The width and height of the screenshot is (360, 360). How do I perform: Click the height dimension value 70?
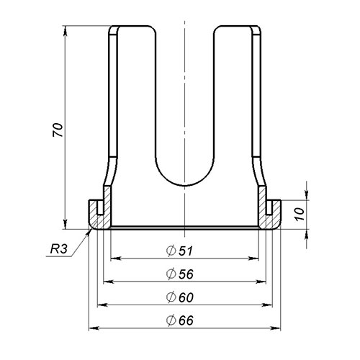(x=58, y=130)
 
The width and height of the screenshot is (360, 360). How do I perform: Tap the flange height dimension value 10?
(x=300, y=215)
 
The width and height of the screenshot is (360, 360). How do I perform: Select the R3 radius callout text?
(x=58, y=249)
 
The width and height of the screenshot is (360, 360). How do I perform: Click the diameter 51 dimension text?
(x=180, y=251)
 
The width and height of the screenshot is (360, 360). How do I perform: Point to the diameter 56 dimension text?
(x=180, y=274)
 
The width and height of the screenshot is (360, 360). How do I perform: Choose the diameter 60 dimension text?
(x=180, y=297)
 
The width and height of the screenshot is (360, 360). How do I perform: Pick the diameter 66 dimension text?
(x=180, y=320)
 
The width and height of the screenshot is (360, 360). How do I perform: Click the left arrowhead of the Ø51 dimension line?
(x=115, y=258)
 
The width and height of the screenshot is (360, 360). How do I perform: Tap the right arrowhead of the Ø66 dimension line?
(x=276, y=328)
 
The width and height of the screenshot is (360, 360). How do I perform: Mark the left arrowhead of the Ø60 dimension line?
(x=102, y=305)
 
